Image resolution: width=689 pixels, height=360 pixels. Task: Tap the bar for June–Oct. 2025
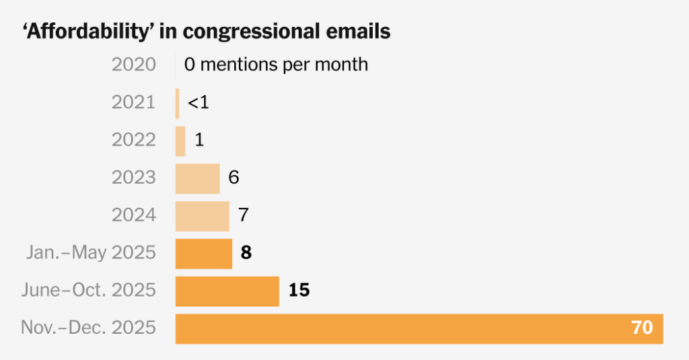tap(227, 291)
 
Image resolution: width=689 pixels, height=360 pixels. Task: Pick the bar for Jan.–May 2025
tap(204, 254)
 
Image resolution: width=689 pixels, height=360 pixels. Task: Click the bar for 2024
tap(202, 216)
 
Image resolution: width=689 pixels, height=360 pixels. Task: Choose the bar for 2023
tap(197, 178)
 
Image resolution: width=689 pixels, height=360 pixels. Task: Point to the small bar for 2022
tap(180, 141)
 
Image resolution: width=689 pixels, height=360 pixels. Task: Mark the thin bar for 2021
tap(178, 103)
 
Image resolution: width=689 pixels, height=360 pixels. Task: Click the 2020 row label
tap(133, 65)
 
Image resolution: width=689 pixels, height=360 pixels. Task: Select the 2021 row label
tap(133, 103)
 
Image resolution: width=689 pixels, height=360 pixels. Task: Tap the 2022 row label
tap(133, 141)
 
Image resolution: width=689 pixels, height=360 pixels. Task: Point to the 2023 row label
tap(133, 178)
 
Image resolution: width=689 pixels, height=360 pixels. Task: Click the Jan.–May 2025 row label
tap(91, 254)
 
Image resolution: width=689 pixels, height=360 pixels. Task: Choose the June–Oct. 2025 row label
tap(88, 291)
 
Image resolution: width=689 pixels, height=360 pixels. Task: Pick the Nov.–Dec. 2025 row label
tap(88, 328)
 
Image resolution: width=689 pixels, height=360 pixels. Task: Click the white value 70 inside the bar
tap(641, 328)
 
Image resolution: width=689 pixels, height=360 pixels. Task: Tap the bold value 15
tap(299, 291)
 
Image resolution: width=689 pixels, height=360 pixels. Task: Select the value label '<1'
tap(198, 103)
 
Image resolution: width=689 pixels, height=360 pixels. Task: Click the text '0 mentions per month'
tap(276, 65)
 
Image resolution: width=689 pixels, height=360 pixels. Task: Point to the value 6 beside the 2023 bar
tap(234, 178)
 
